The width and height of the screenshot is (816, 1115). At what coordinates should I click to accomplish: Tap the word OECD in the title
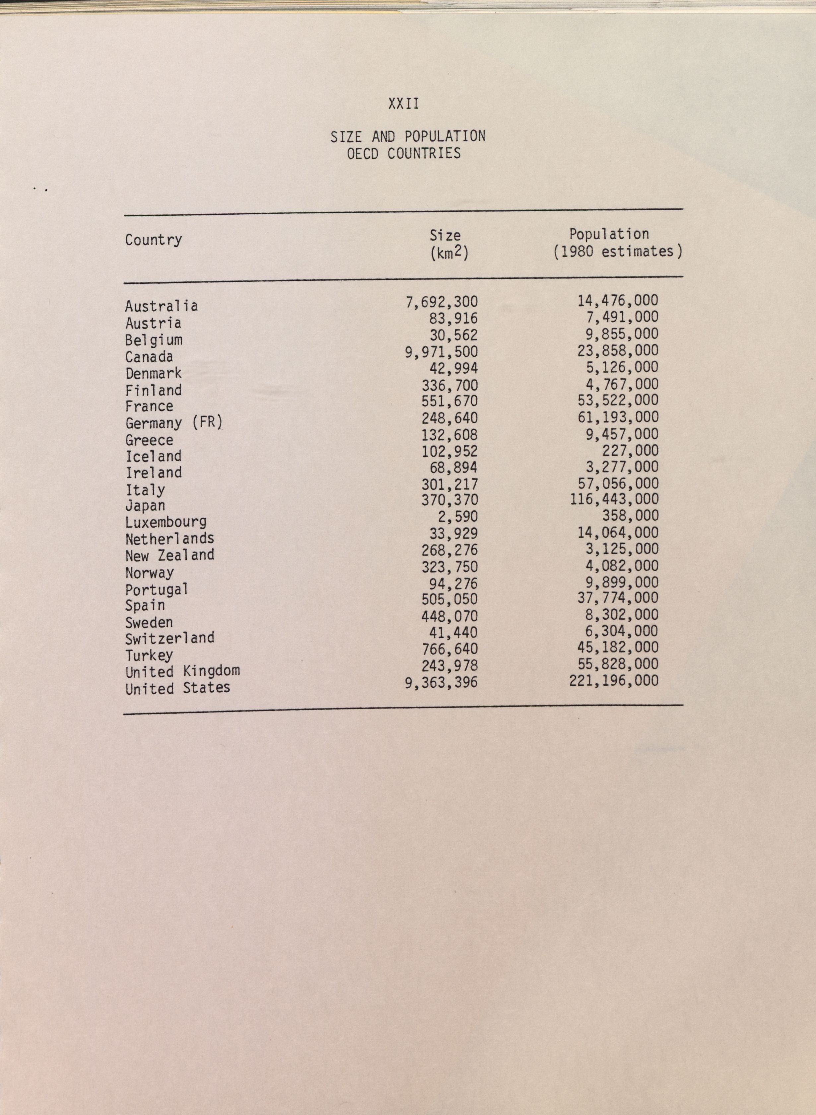coord(362,154)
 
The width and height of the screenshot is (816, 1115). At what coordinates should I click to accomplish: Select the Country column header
coord(153,240)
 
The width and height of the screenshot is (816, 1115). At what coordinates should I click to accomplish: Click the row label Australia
coord(161,306)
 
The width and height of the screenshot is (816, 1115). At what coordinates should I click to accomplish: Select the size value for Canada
coord(442,352)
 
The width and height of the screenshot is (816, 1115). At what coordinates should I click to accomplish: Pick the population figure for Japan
coord(614,499)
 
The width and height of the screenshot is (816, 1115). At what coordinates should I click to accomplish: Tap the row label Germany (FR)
coord(174,423)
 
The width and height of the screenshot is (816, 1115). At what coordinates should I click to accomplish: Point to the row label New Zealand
coord(170,555)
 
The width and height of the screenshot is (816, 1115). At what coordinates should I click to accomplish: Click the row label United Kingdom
coord(182,671)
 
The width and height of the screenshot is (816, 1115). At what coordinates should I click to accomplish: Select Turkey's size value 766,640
coord(449,649)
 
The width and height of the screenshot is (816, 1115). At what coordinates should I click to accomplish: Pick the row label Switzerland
coord(170,638)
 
